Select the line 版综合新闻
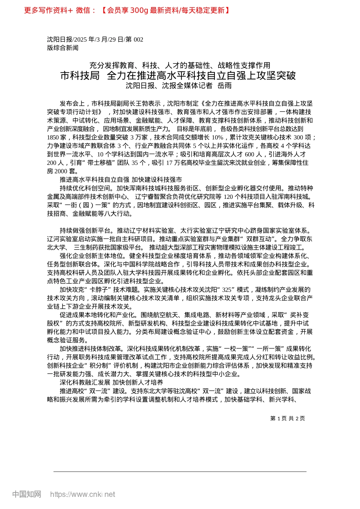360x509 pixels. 63,48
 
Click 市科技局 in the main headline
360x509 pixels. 80,75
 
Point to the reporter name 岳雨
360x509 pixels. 224,86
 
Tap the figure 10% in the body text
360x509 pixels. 218,137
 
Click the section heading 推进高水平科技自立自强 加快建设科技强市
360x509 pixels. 121,180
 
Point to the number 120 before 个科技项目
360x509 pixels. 228,197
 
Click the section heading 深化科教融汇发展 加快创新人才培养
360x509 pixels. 111,383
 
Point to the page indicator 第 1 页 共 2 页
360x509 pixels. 288,418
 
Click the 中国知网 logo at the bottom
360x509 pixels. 27,494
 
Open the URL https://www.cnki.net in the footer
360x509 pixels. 83,494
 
